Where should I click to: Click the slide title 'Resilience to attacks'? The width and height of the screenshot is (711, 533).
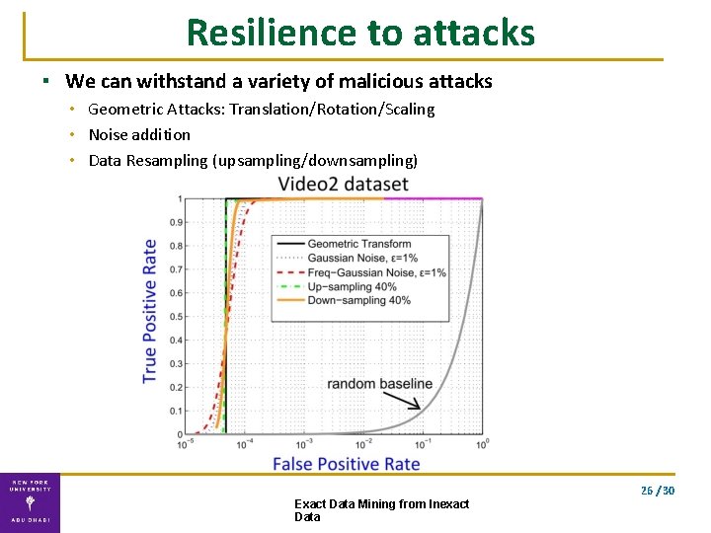pos(359,33)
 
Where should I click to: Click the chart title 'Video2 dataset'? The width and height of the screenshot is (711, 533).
pos(343,184)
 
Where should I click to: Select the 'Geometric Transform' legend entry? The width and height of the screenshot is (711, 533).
pos(358,244)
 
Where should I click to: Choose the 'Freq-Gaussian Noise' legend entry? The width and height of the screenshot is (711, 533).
pos(376,271)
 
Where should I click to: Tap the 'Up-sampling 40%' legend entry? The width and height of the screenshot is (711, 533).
pos(352,286)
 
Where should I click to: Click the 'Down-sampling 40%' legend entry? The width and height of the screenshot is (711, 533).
pos(358,300)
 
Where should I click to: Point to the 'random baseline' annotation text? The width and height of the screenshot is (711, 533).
pos(379,383)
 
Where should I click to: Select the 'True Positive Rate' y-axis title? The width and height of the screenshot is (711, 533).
pos(149,311)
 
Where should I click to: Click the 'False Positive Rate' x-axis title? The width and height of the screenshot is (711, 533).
pos(346,464)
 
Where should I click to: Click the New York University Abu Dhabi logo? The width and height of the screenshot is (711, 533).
pos(30,502)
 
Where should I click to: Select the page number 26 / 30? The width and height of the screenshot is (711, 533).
pos(657,491)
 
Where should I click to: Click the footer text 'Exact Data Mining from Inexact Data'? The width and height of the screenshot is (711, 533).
pos(381,510)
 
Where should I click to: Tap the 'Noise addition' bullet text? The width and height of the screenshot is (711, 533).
pos(139,134)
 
